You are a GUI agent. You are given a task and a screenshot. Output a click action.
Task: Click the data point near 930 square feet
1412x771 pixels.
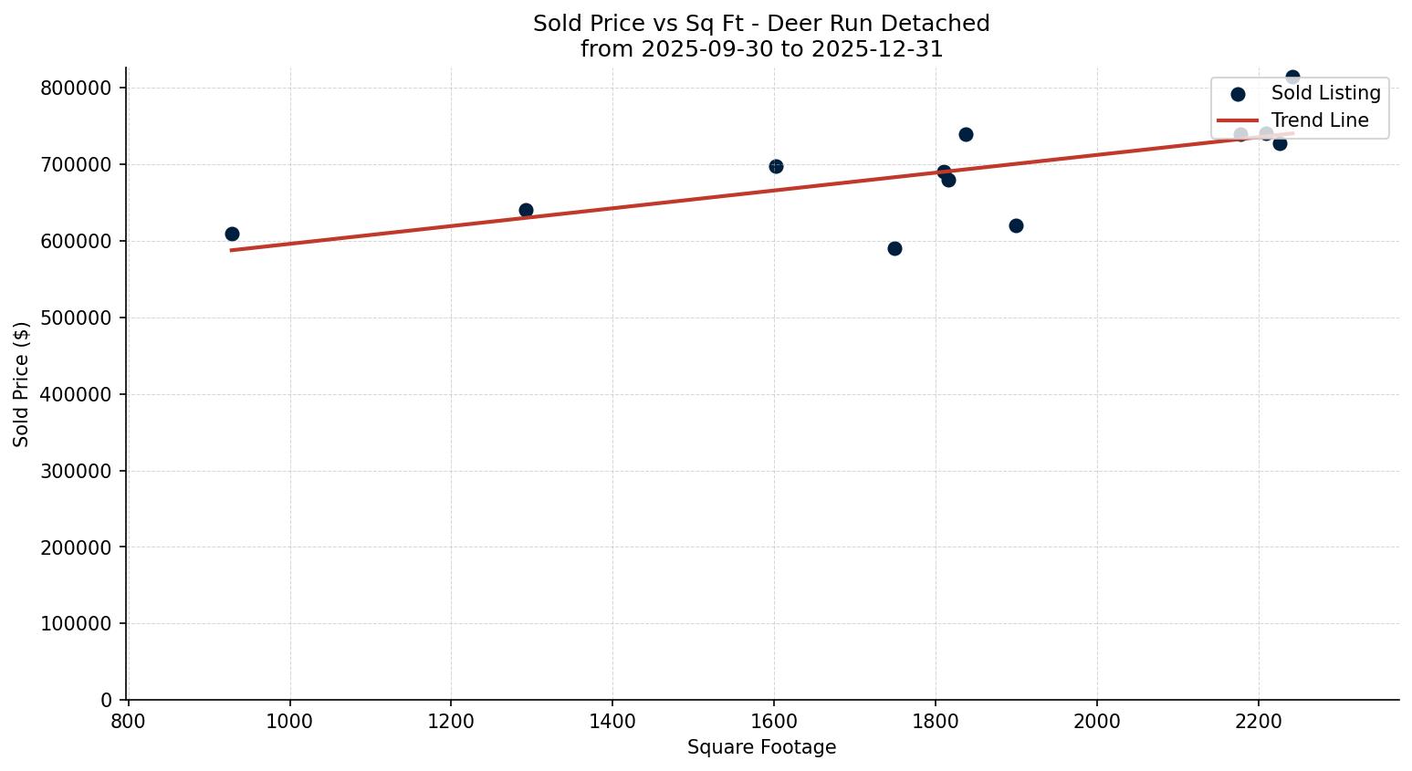(x=232, y=234)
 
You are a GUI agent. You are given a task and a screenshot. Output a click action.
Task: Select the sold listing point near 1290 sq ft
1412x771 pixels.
(x=526, y=210)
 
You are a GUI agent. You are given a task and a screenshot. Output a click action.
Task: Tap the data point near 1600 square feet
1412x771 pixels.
(x=776, y=166)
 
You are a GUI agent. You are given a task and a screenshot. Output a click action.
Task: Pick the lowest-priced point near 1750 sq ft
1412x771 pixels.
(x=894, y=248)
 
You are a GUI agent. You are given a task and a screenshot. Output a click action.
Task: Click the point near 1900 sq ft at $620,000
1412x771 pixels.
(x=1016, y=225)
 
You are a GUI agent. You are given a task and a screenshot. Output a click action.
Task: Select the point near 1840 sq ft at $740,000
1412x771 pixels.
(x=966, y=134)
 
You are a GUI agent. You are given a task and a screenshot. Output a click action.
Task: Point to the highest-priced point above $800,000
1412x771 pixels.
(x=1292, y=77)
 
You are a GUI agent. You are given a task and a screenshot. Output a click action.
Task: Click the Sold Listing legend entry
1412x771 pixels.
(x=1325, y=93)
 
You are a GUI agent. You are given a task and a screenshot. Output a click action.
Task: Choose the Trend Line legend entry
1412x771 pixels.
(x=1320, y=120)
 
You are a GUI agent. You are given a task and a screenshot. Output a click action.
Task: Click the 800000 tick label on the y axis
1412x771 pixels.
(x=76, y=88)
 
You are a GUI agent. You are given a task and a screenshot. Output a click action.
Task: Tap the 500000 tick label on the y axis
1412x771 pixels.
(x=76, y=318)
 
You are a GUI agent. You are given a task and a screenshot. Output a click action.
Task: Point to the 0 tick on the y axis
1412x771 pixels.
(x=107, y=700)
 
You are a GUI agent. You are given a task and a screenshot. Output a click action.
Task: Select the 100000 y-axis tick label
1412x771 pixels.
(x=76, y=624)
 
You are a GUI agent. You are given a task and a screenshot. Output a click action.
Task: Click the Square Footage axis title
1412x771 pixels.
(x=761, y=747)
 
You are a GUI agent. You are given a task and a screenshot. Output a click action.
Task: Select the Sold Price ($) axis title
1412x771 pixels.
(x=22, y=383)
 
